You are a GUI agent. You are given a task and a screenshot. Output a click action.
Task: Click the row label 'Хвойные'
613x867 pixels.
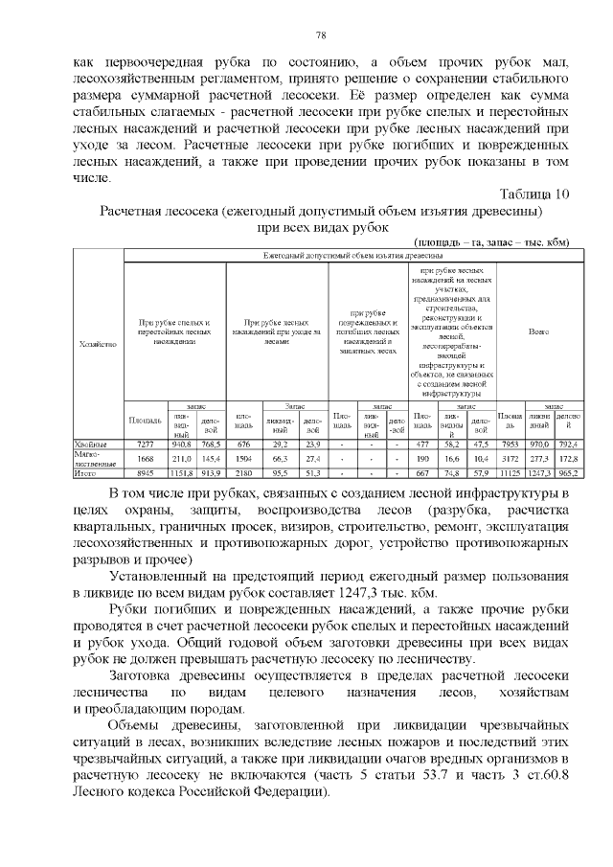tap(92, 445)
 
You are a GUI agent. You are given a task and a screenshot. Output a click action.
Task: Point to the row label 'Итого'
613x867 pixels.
tap(87, 473)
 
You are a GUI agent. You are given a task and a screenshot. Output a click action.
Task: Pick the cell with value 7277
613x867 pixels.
tap(146, 445)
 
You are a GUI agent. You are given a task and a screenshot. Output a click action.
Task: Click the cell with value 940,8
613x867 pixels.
tap(180, 445)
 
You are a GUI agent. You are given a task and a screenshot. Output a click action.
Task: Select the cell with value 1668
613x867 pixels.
tap(146, 459)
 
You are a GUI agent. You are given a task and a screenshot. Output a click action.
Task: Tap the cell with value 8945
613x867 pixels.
tap(146, 473)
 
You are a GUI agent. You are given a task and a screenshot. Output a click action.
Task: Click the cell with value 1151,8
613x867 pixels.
tap(180, 473)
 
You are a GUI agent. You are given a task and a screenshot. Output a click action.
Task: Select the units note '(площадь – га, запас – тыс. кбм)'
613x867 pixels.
tap(491, 242)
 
